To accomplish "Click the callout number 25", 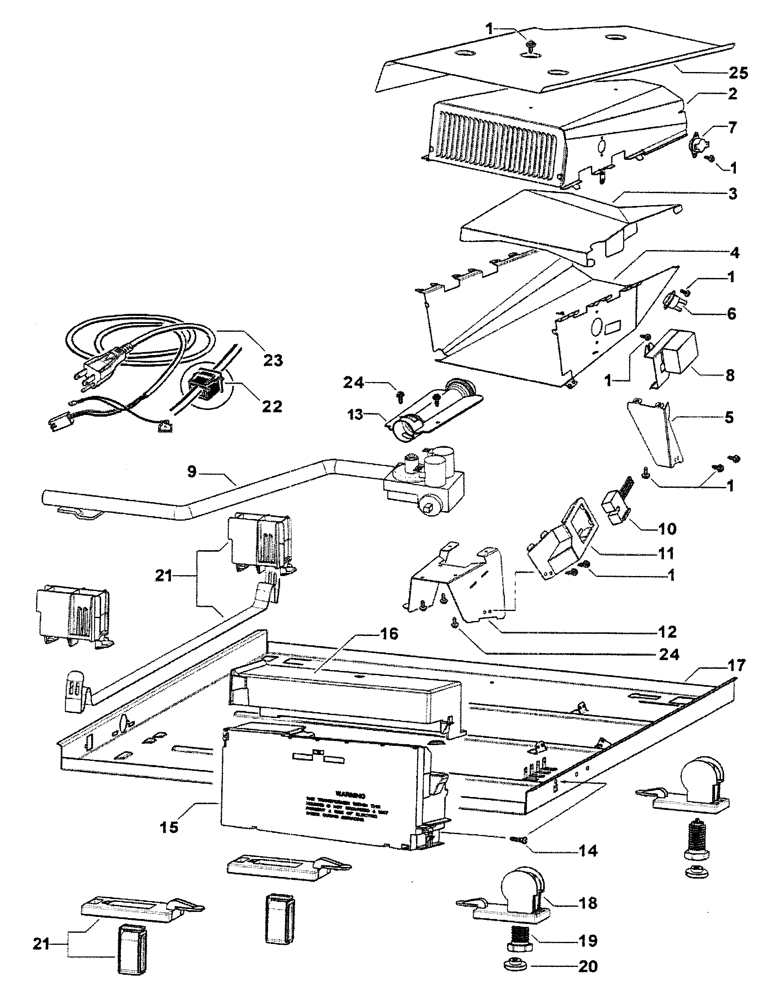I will point(738,73).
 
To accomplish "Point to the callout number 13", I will point(355,415).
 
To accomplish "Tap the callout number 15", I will point(169,827).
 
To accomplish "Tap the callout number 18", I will point(587,903).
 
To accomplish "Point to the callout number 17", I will point(736,666).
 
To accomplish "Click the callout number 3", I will point(732,194).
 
